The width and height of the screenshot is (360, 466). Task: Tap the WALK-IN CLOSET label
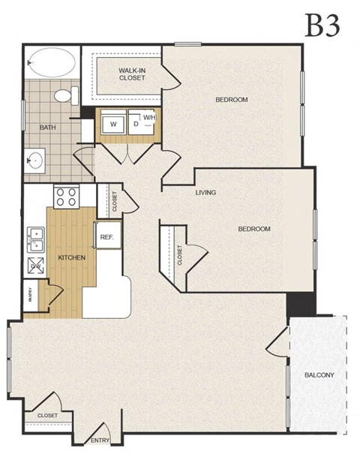pyautogui.click(x=132, y=73)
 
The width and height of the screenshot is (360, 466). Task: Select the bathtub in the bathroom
pyautogui.click(x=51, y=62)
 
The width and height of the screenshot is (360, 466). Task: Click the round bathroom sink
pyautogui.click(x=34, y=160)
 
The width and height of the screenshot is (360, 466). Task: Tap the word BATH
pyautogui.click(x=47, y=128)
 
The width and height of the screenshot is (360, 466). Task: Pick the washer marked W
pyautogui.click(x=113, y=123)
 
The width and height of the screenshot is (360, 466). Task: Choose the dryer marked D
pyautogui.click(x=136, y=123)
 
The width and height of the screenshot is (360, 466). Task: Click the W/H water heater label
pyautogui.click(x=150, y=119)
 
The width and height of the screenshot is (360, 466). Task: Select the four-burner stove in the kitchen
pyautogui.click(x=65, y=197)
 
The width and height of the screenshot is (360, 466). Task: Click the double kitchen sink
pyautogui.click(x=35, y=238)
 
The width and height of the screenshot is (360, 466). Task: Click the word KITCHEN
pyautogui.click(x=72, y=257)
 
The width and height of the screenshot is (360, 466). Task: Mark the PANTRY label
pyautogui.click(x=30, y=293)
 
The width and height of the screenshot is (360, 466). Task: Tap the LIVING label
pyautogui.click(x=205, y=193)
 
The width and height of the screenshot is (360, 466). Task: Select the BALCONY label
pyautogui.click(x=319, y=374)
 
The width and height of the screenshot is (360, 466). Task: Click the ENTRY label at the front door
pyautogui.click(x=100, y=440)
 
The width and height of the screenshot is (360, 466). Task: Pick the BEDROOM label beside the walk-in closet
pyautogui.click(x=232, y=100)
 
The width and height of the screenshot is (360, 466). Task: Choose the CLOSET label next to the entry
pyautogui.click(x=47, y=414)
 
